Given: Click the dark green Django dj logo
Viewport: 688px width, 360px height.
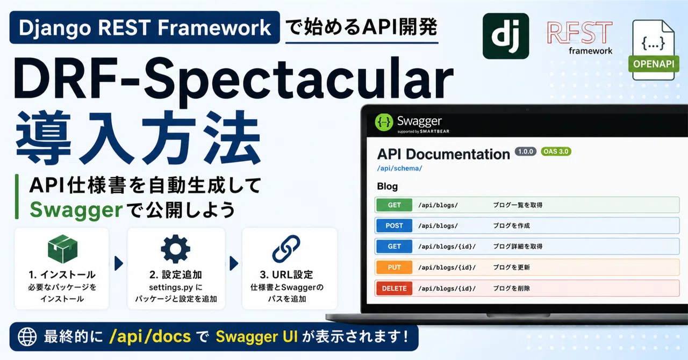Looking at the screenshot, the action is pos(506,36).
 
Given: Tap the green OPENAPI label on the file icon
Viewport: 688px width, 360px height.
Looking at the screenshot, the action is pos(654,64).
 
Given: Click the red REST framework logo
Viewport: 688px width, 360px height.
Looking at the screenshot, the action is pos(579,38).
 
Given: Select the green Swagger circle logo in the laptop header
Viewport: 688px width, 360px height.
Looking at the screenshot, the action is pos(384,123).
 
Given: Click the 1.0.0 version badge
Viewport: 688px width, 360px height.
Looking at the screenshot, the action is pos(526,152).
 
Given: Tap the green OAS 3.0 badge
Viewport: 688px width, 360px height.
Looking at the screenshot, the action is pos(556,152).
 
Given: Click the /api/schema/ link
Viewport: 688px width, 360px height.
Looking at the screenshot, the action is pos(399,168).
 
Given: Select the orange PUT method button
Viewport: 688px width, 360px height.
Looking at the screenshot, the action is pos(394,267).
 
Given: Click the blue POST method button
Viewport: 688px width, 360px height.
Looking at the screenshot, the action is pos(394,226).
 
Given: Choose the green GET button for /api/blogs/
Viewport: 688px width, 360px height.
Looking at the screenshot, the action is pos(394,205).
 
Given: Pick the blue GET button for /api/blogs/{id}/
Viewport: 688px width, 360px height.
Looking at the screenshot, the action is pos(394,246).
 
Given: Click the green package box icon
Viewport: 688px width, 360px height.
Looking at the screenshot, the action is pos(63,249).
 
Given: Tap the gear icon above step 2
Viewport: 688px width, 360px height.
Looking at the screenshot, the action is pos(175,249).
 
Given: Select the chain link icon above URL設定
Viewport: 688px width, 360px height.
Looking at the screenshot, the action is pos(286,249).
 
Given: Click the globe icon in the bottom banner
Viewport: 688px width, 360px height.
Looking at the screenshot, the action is pos(27,337).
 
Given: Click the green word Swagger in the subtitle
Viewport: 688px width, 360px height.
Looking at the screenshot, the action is pos(76,210).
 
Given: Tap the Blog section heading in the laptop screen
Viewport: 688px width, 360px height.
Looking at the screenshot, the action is pos(388,186).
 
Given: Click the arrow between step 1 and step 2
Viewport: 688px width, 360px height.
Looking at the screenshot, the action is pos(119,263).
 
